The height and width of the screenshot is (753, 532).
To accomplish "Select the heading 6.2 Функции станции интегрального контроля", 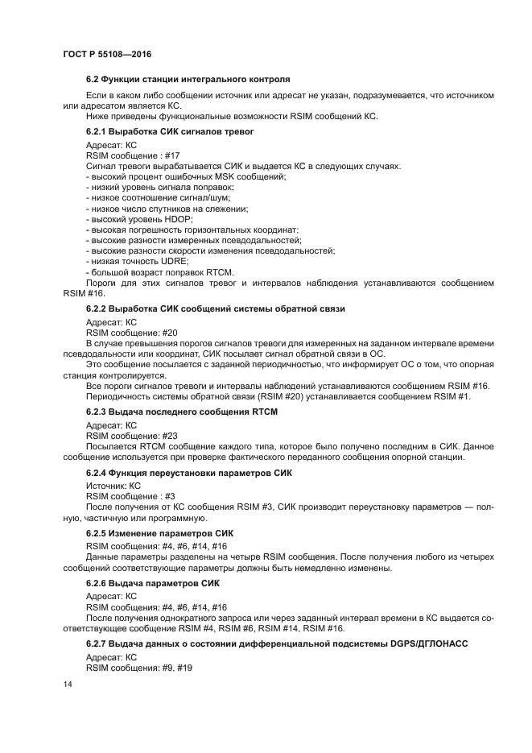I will coord(188,80).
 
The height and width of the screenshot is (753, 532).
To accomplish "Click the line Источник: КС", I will coord(113,486).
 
